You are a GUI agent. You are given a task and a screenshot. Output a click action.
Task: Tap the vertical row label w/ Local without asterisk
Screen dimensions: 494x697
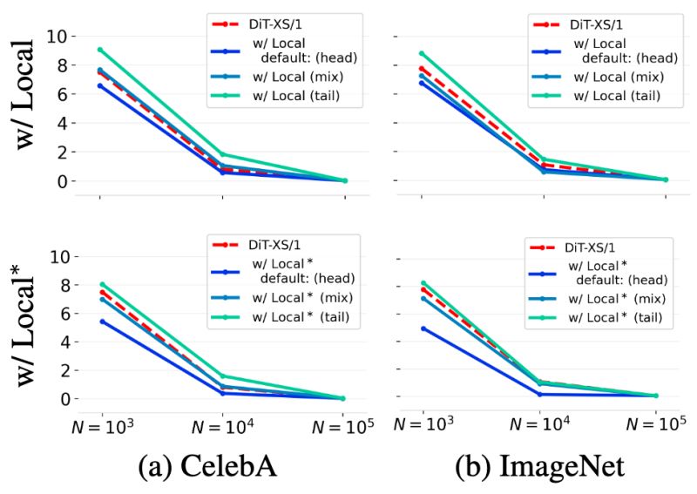pyautogui.click(x=35, y=95)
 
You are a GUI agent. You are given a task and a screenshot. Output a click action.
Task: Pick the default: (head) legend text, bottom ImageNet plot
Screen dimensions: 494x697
pyautogui.click(x=622, y=280)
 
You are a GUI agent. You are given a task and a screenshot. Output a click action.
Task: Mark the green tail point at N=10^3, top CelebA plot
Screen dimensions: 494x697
pyautogui.click(x=101, y=50)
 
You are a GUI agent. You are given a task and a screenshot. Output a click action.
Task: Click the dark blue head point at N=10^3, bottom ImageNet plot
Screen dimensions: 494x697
pyautogui.click(x=423, y=328)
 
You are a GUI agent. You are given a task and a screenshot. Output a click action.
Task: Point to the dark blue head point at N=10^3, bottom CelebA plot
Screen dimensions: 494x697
pyautogui.click(x=102, y=321)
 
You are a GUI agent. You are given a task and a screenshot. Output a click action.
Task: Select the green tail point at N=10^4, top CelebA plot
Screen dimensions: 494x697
pyautogui.click(x=223, y=154)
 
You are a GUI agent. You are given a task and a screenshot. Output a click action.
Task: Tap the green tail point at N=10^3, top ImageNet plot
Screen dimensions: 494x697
pyautogui.click(x=423, y=53)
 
